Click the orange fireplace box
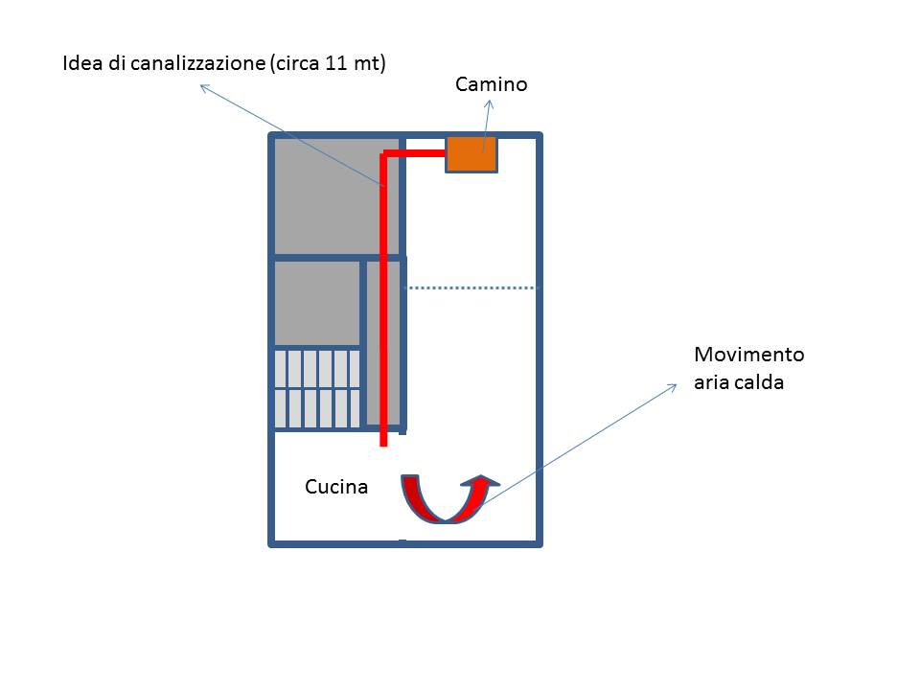point(471,154)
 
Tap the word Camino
point(491,84)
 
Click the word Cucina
point(335,487)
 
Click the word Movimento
point(748,355)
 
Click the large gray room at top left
point(323,196)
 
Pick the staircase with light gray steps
point(317,388)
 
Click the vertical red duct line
point(383,307)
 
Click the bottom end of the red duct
point(383,442)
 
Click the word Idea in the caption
point(79,64)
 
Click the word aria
point(709,382)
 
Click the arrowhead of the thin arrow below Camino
point(489,104)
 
